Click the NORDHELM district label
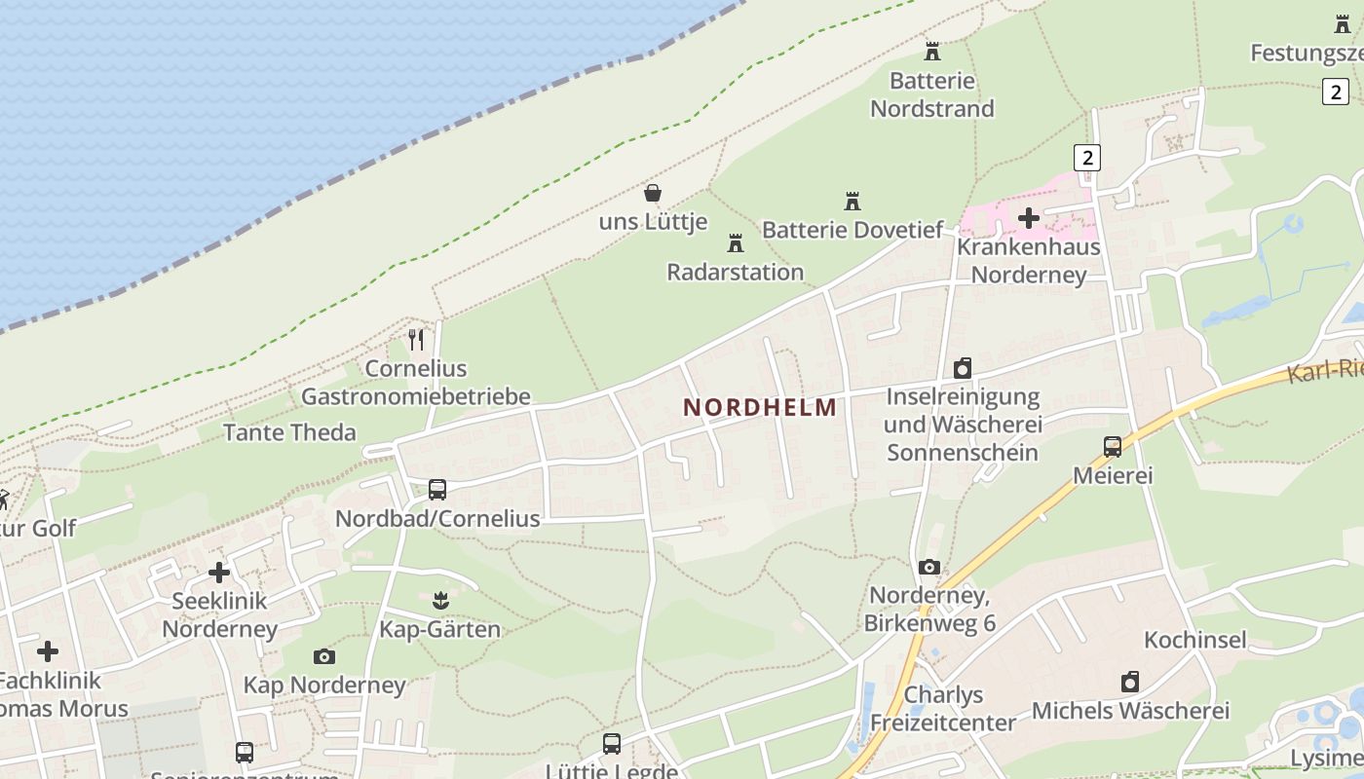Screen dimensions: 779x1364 pos(760,407)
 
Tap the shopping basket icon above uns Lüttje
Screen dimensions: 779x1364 pos(653,193)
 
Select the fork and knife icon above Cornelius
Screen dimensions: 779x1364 pos(416,340)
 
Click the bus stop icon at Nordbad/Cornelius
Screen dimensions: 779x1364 pos(437,489)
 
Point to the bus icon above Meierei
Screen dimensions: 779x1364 pos(1113,447)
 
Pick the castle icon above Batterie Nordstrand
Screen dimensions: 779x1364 pos(932,51)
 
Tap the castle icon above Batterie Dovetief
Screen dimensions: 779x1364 pos(852,202)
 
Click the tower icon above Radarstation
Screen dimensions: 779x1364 pos(736,242)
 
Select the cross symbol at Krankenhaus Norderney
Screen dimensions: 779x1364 pos(1029,218)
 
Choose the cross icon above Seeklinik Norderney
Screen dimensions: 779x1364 pos(219,572)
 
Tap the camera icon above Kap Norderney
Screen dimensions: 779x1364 pos(324,656)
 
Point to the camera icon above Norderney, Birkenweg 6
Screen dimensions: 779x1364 pos(929,567)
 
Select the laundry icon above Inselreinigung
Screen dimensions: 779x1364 pos(963,368)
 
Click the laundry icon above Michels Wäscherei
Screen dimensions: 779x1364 pos(1130,682)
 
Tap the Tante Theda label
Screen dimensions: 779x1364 pos(289,432)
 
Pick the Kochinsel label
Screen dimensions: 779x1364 pos(1194,640)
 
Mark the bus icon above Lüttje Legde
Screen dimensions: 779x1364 pos(612,744)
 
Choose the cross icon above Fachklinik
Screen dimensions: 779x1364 pos(48,650)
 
